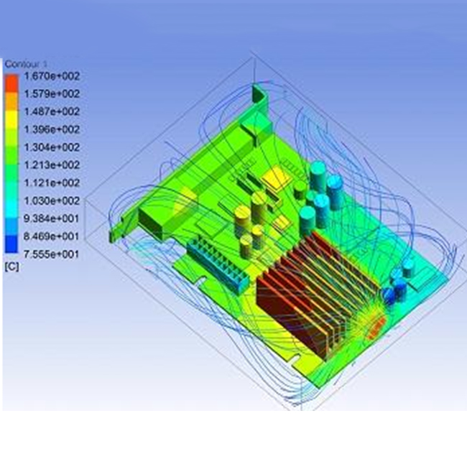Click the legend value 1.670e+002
point(52,76)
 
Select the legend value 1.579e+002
point(52,94)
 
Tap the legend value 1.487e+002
point(52,112)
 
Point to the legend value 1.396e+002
point(52,130)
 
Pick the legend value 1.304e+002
point(52,147)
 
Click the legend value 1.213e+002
point(52,165)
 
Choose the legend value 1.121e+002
point(52,183)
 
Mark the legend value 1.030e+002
point(52,200)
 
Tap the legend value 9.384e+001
point(52,218)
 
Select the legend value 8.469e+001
point(52,236)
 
